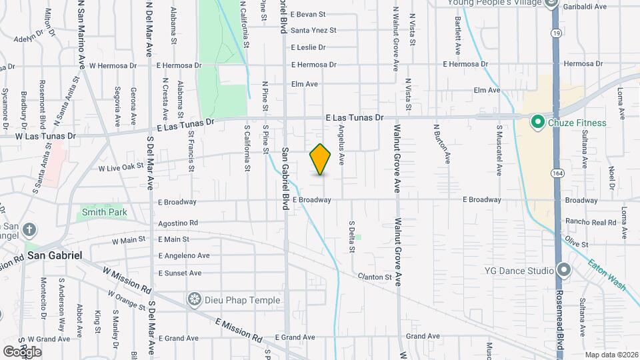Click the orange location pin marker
(x=321, y=159)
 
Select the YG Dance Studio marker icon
(x=564, y=271)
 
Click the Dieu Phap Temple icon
(x=195, y=300)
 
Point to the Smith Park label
(x=104, y=213)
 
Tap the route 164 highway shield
(x=555, y=173)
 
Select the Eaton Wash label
(x=607, y=274)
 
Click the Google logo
(x=21, y=352)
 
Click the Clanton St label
(x=373, y=276)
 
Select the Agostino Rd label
(x=178, y=223)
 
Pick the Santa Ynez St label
(x=313, y=30)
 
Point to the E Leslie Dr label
(x=308, y=47)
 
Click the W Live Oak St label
(x=121, y=168)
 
